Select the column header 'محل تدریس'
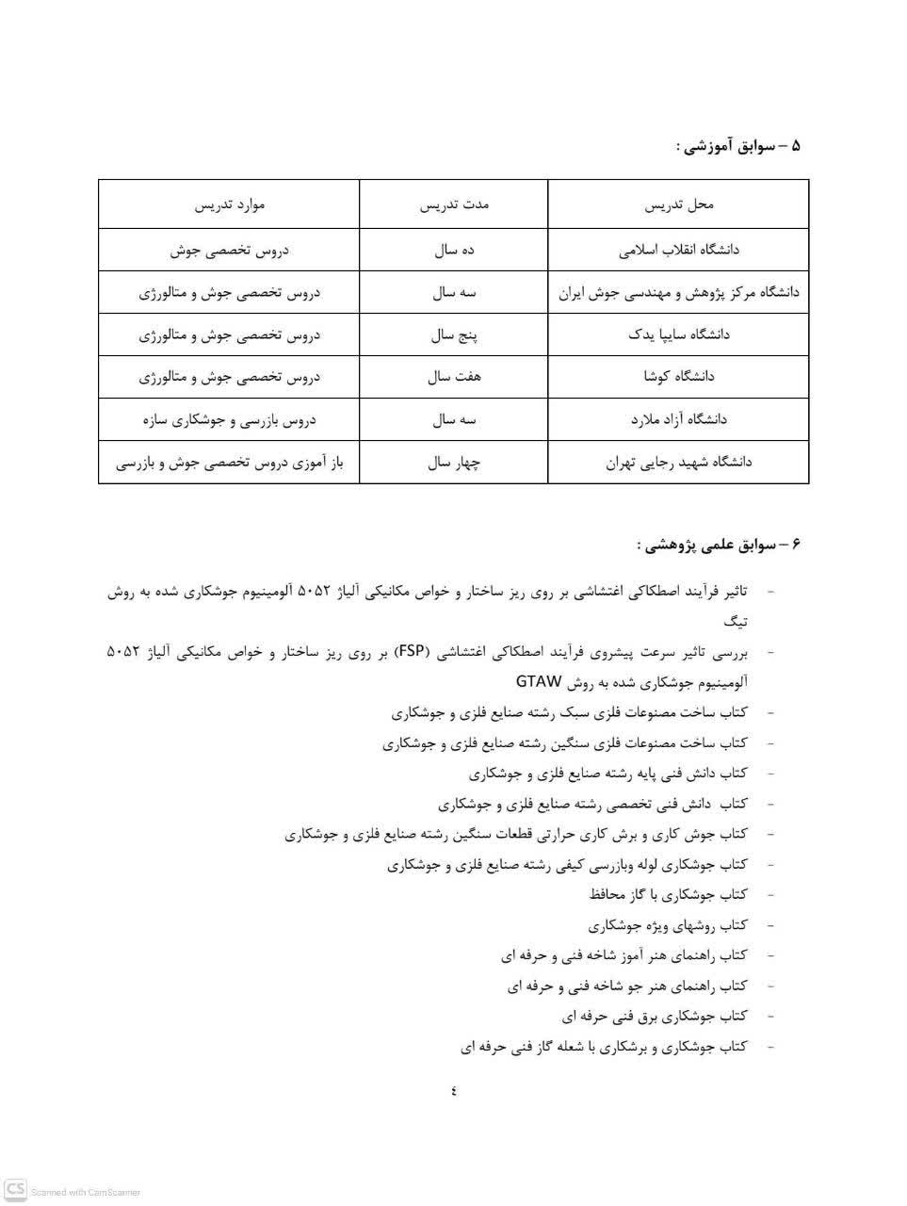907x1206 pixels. [x=678, y=204]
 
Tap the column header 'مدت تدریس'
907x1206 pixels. [x=454, y=204]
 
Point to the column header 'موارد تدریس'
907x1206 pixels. [x=229, y=204]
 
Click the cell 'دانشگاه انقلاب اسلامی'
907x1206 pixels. [x=678, y=251]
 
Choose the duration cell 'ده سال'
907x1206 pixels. [x=454, y=251]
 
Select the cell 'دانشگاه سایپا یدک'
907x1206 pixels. [x=678, y=334]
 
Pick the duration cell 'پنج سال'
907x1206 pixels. [x=454, y=334]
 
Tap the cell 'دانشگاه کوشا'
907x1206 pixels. [x=678, y=377]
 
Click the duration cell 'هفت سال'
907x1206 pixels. [x=454, y=377]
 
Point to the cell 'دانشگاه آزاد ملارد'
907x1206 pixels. [x=678, y=419]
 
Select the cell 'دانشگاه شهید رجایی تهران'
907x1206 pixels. [x=678, y=462]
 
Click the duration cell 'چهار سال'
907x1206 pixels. [x=454, y=462]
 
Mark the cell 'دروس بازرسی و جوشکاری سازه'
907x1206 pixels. [x=229, y=419]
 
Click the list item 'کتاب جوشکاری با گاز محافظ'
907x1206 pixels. [x=668, y=894]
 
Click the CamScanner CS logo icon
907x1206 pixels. [x=15, y=1189]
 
